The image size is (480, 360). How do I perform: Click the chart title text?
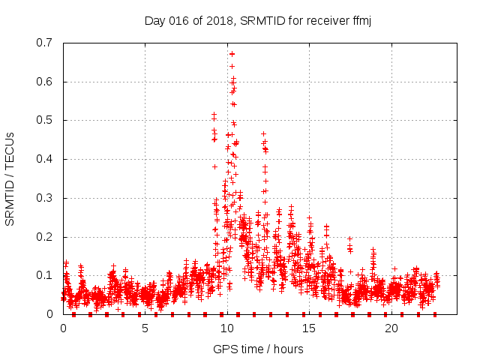(x=258, y=20)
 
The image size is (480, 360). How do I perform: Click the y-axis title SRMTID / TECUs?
(x=10, y=178)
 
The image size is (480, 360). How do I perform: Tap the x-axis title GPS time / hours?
(x=258, y=349)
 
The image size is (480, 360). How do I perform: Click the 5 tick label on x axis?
(x=145, y=328)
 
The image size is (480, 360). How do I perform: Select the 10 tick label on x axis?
(x=226, y=328)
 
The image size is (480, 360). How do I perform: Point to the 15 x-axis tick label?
(x=309, y=328)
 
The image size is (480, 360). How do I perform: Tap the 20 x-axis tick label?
(x=391, y=328)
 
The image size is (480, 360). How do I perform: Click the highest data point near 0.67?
(x=232, y=54)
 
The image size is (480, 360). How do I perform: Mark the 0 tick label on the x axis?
(x=63, y=328)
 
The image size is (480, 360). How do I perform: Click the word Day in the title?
(x=154, y=20)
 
